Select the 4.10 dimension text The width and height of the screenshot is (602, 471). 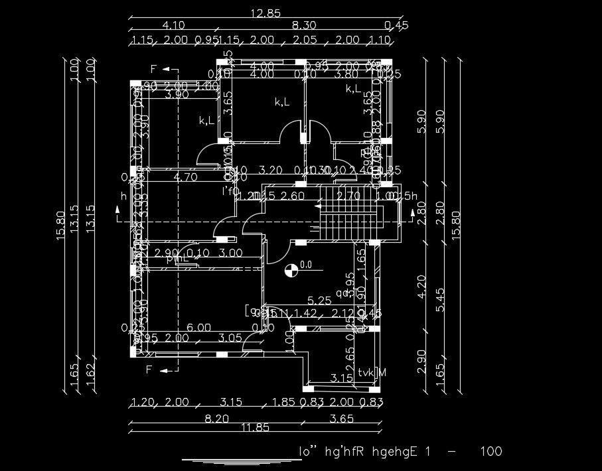click(173, 26)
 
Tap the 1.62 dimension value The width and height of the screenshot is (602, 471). click(92, 376)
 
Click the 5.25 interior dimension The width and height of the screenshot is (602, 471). click(319, 301)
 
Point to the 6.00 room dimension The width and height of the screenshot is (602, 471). click(198, 328)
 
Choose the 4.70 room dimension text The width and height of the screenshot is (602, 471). click(186, 177)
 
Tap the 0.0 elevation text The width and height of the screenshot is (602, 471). click(306, 264)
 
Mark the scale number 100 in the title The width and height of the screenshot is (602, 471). click(490, 452)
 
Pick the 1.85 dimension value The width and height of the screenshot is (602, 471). click(283, 402)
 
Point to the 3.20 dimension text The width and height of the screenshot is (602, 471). click(270, 170)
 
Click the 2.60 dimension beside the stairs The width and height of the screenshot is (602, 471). click(293, 196)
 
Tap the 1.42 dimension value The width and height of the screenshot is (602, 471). click(305, 313)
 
